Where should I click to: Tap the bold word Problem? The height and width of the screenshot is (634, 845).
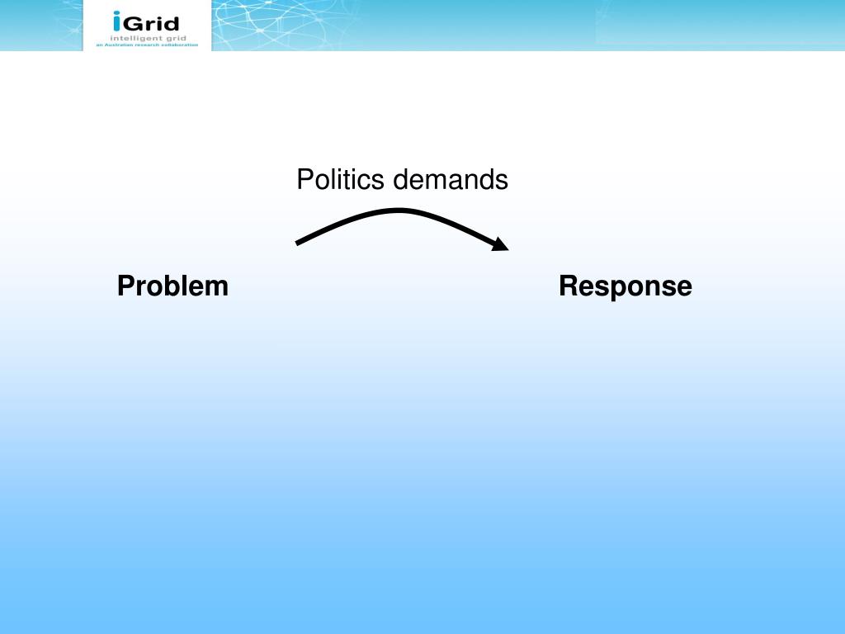click(172, 286)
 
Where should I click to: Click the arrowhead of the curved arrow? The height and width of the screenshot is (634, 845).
click(501, 244)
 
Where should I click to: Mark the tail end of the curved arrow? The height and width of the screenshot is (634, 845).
click(299, 242)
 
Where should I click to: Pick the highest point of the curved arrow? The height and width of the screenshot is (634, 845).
click(400, 211)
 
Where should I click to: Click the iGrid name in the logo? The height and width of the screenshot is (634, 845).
click(146, 21)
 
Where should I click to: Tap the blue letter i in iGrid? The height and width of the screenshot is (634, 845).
click(117, 21)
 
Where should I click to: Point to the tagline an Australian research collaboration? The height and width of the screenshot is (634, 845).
click(146, 45)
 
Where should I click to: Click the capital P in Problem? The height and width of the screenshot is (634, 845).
click(125, 286)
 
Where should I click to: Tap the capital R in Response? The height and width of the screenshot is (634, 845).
click(568, 286)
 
